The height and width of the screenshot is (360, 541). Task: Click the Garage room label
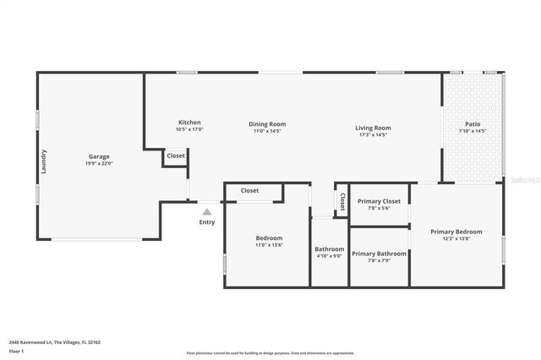(x=99, y=156)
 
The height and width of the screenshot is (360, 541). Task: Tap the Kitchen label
(x=189, y=123)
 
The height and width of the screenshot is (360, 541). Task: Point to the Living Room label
(x=373, y=128)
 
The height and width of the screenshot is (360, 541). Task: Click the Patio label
(x=473, y=123)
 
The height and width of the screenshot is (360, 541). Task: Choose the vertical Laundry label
(x=44, y=161)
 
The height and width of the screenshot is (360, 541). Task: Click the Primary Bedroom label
(x=456, y=232)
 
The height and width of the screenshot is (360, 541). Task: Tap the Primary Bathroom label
(x=379, y=254)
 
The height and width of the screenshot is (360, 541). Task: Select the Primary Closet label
(x=379, y=201)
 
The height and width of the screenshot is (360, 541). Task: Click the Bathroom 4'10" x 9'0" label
(x=330, y=249)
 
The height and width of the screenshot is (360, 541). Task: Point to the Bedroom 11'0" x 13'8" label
(x=269, y=238)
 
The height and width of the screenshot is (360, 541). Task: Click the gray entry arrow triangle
(x=207, y=211)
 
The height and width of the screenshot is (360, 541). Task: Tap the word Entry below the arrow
(x=207, y=222)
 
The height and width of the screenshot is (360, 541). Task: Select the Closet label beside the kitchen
(x=176, y=156)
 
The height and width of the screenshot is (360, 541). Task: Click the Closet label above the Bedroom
(x=250, y=191)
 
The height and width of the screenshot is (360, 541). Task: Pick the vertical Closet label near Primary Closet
(x=342, y=201)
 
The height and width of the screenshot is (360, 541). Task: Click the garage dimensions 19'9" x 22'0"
(x=99, y=164)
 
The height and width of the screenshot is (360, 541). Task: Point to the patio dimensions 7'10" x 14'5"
(x=473, y=131)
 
